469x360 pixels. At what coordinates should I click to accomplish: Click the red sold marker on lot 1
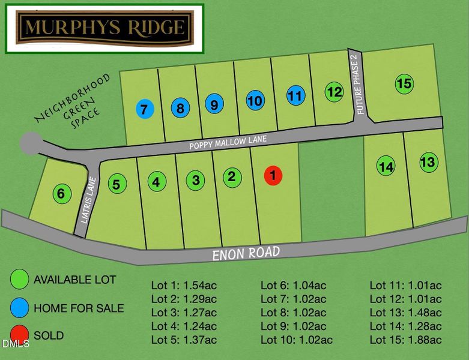273,175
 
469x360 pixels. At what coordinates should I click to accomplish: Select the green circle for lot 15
405,84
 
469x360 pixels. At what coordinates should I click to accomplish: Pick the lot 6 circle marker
61,194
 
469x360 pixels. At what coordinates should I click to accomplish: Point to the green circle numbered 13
428,162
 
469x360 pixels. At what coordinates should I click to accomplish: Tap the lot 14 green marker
386,166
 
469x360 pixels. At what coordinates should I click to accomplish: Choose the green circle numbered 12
334,92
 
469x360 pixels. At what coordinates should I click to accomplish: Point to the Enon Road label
246,253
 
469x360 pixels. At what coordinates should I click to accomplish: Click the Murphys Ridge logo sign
104,28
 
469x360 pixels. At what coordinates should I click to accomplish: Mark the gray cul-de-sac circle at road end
30,143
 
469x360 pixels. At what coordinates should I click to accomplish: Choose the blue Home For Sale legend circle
20,308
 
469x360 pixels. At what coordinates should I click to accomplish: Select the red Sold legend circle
20,334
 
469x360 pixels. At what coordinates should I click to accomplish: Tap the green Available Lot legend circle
20,280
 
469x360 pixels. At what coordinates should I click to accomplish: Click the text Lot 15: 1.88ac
405,340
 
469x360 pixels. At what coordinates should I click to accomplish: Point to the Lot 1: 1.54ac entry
184,285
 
